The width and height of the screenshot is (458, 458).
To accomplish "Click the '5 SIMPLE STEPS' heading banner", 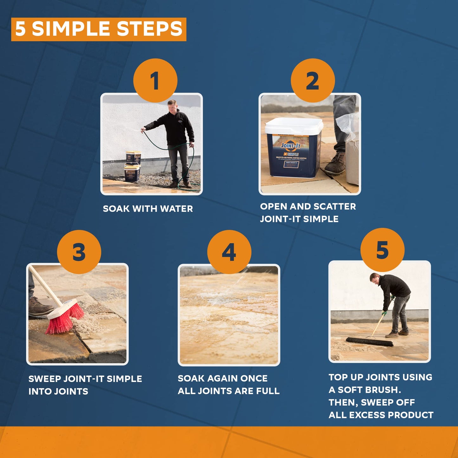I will tap(99, 29).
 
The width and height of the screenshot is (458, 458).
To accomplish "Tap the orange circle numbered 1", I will tap(155, 80).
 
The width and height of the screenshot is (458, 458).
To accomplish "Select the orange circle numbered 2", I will tap(313, 80).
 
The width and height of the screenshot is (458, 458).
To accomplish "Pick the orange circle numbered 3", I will tap(79, 252).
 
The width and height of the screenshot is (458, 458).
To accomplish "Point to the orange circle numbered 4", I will tap(229, 252).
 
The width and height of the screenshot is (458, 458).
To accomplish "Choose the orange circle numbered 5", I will tap(382, 250).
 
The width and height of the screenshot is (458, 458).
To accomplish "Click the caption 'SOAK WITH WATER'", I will tap(148, 209).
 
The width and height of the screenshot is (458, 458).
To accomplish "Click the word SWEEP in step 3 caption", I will tap(45, 379).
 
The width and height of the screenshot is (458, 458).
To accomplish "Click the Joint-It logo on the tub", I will tap(291, 146).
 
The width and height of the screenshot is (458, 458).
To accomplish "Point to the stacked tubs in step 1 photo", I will tap(132, 166).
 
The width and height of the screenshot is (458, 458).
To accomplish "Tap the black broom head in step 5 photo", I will tap(369, 342).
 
